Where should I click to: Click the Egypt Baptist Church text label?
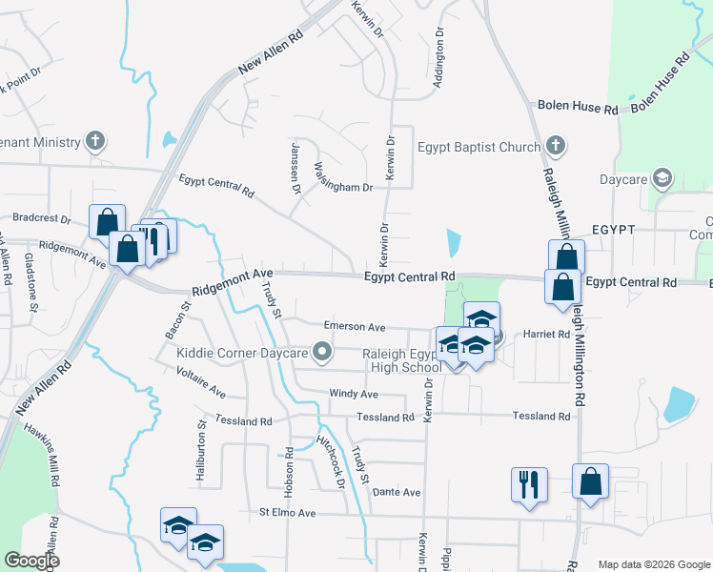coord(479,147)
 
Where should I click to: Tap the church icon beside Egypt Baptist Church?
coord(556,147)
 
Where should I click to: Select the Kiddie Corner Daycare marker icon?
coord(322,353)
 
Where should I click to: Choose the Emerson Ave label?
coord(355,327)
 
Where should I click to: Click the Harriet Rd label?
coord(546,335)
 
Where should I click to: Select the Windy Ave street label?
coord(354,394)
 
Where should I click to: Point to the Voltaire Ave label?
coord(201,380)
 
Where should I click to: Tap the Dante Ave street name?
coord(397,492)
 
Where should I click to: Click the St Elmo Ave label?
coord(287,513)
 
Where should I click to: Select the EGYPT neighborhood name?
coord(613,231)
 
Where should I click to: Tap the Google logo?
coord(31,561)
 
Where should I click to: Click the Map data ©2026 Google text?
coord(653,563)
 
